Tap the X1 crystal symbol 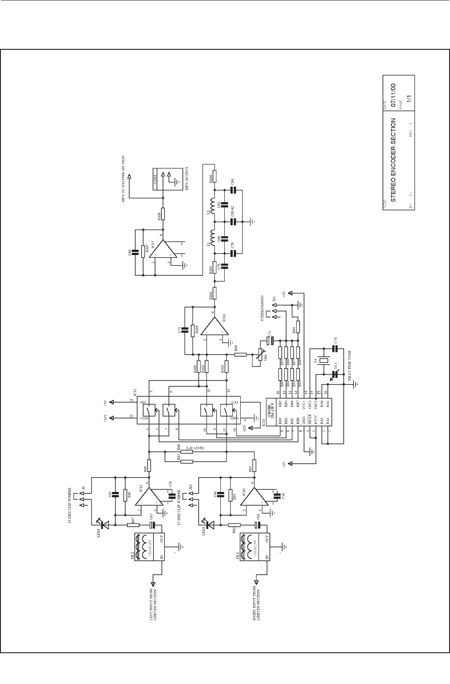324,361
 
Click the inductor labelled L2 213,207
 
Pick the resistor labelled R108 163,214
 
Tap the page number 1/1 409,100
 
